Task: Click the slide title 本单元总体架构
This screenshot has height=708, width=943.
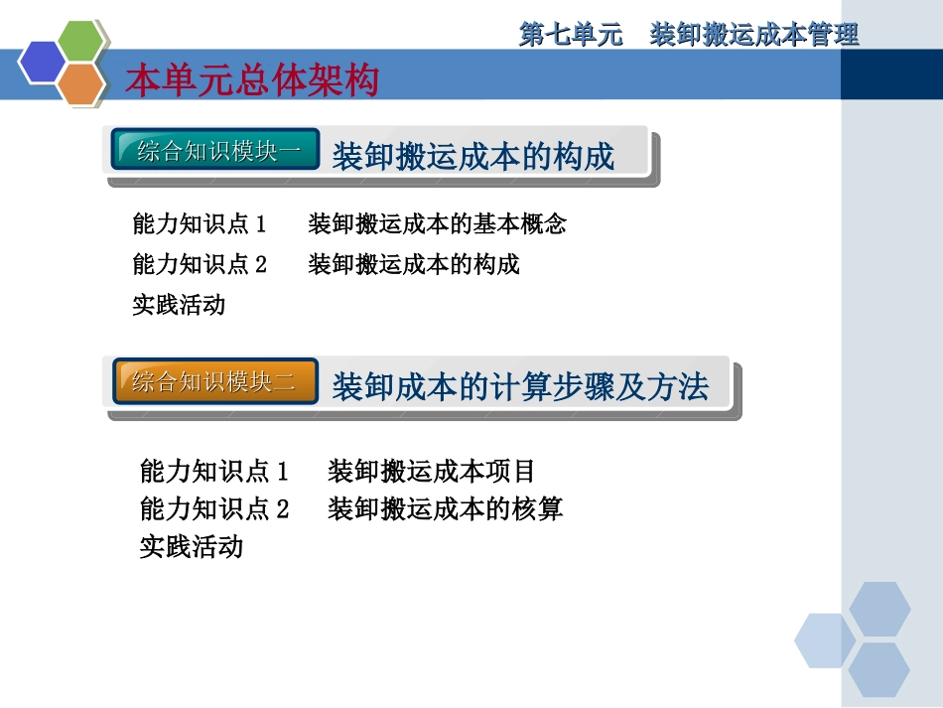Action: pos(252,81)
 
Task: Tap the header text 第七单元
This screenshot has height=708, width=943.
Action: pos(571,35)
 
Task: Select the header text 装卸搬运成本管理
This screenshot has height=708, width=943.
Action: pos(754,35)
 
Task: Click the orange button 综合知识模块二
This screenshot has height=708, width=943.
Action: pos(215,381)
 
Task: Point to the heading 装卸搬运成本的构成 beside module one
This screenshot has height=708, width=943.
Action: pos(472,156)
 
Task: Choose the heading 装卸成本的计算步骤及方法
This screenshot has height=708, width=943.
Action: pos(520,386)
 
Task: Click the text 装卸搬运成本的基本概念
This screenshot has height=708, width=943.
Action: pos(437,224)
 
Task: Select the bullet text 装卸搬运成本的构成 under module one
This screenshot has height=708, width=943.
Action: pos(414,264)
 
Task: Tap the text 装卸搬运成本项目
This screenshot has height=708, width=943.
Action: pos(431,470)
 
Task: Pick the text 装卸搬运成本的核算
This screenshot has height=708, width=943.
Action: pos(445,509)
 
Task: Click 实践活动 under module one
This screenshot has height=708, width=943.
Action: pos(179,305)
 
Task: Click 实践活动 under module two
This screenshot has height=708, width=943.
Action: pos(191,546)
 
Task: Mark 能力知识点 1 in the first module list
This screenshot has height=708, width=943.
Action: pos(200,224)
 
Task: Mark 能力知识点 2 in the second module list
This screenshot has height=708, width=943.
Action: pos(214,509)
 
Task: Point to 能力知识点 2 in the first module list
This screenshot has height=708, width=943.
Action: pos(200,264)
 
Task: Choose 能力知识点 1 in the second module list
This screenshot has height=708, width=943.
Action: pos(214,470)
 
